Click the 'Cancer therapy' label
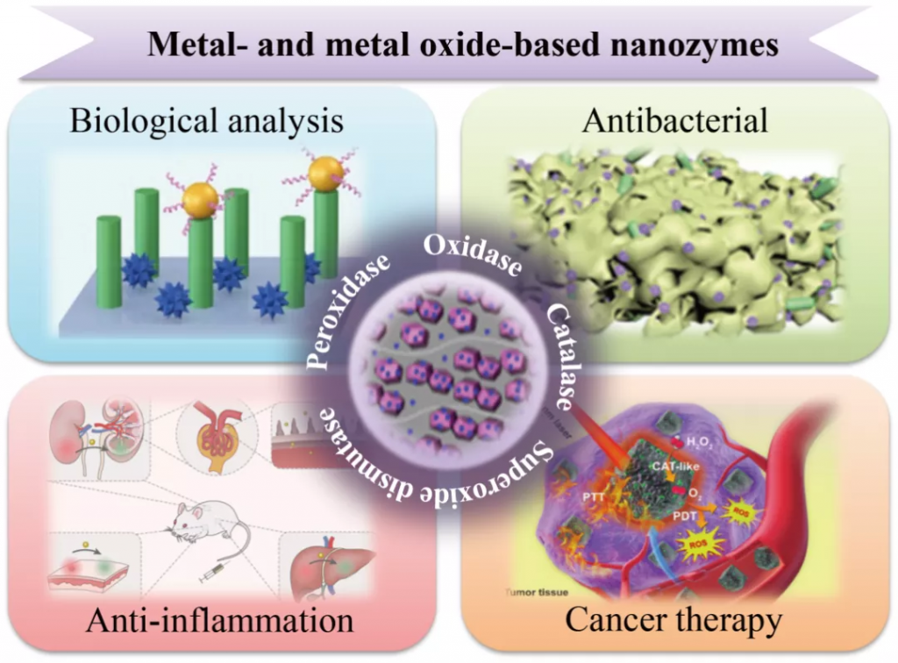pyautogui.click(x=673, y=621)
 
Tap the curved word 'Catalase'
pyautogui.click(x=562, y=355)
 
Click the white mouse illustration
pyautogui.click(x=207, y=522)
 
